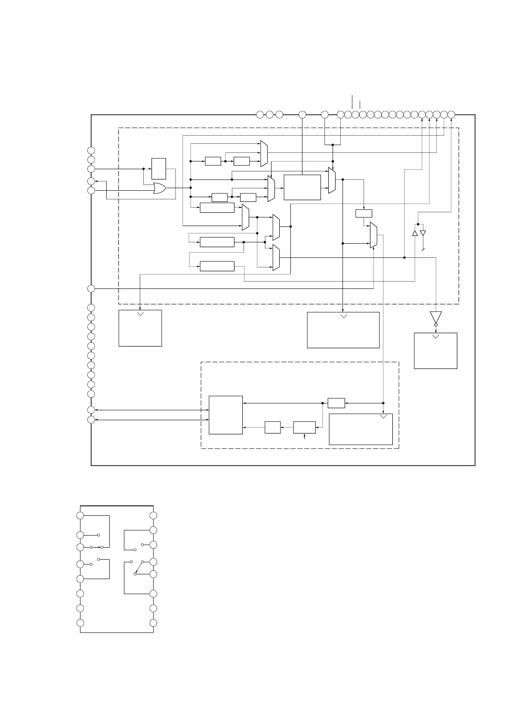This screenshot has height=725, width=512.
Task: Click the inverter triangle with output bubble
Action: [435, 318]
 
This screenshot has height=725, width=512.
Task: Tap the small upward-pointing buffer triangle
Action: [415, 233]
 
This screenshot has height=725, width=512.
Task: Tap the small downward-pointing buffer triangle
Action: [423, 233]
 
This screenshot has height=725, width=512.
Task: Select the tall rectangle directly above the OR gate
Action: [159, 169]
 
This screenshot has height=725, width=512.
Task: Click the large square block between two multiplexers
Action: [302, 187]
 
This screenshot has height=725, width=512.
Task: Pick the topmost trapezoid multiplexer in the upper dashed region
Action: [264, 153]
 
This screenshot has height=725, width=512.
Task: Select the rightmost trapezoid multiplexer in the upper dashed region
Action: [373, 235]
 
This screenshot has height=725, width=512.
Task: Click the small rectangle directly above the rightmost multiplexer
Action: [364, 213]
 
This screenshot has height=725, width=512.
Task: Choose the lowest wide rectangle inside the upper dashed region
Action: [217, 266]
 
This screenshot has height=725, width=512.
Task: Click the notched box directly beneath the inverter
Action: [435, 350]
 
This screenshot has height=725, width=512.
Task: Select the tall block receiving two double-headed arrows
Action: [225, 415]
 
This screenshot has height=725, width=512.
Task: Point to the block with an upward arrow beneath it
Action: [304, 428]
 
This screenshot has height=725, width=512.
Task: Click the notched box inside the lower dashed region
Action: [361, 429]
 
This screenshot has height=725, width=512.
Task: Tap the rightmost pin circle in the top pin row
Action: [451, 115]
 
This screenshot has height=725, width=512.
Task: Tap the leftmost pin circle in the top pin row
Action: [260, 115]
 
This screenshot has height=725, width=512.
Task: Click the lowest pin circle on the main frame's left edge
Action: [91, 420]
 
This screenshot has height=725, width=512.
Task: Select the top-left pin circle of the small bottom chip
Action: [80, 516]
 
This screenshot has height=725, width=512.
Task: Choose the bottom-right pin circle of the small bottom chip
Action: [153, 623]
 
